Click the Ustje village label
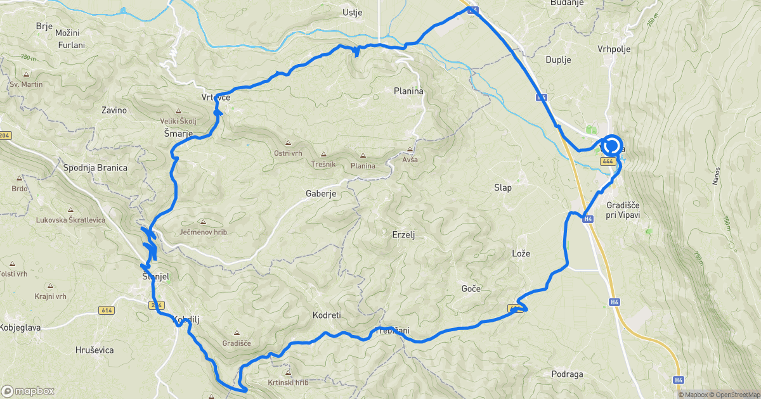351,12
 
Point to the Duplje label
559,60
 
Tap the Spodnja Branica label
95,168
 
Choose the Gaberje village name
321,194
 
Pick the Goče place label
471,289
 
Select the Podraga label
567,374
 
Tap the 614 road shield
106,310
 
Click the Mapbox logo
28,391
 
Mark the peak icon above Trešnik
323,154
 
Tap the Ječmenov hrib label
203,232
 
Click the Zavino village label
114,110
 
